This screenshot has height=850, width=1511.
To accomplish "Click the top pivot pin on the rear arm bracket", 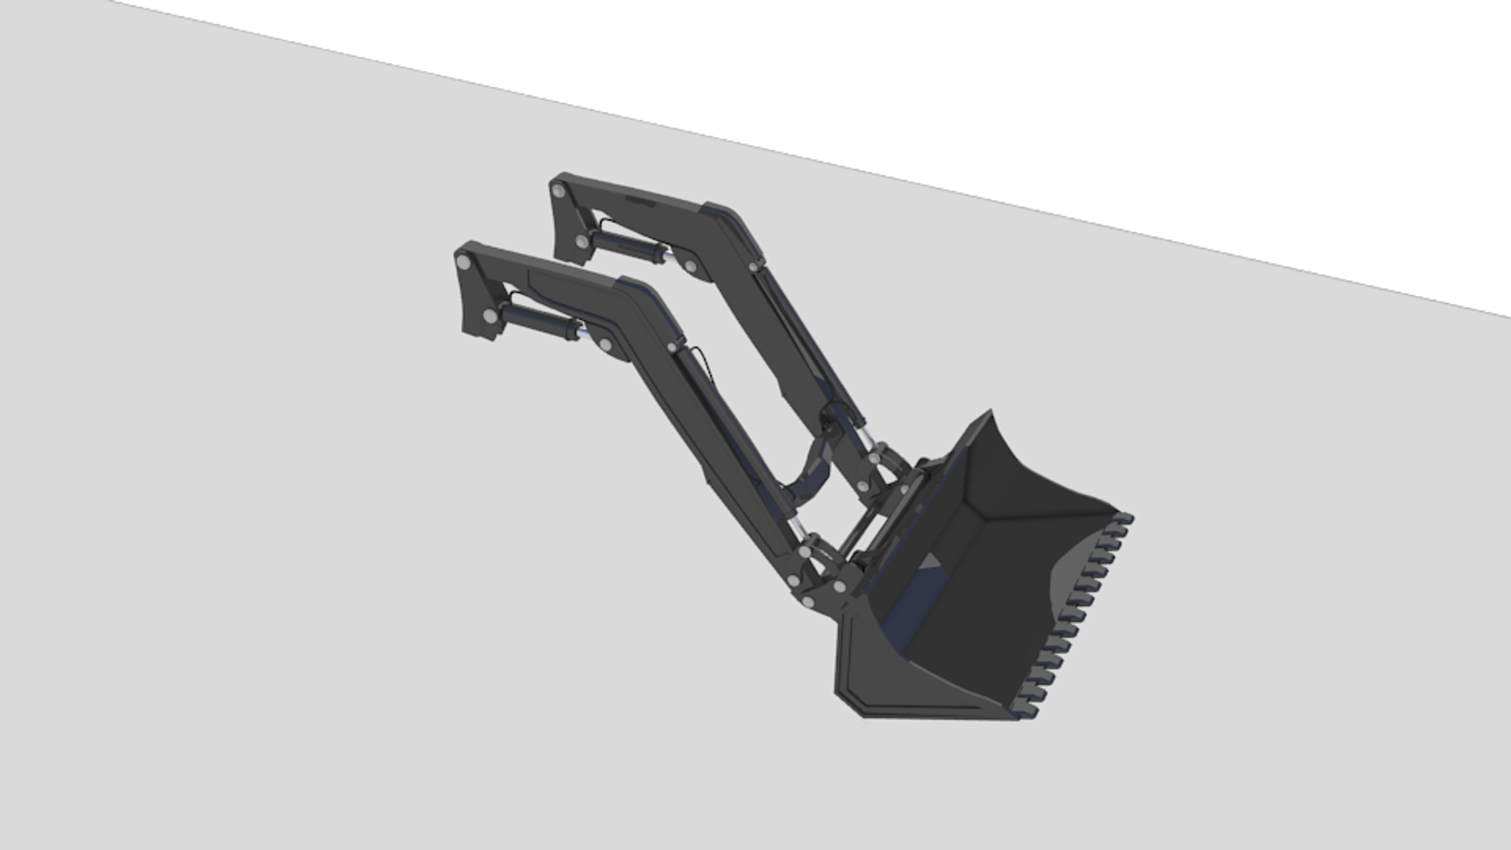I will (x=559, y=191).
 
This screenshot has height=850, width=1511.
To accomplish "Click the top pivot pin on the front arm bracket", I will (x=463, y=261).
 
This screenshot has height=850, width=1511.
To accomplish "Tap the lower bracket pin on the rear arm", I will (x=582, y=241).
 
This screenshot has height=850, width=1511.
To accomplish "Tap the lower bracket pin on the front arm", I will (x=490, y=316).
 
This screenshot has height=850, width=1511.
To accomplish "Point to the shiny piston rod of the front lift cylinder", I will (x=583, y=334).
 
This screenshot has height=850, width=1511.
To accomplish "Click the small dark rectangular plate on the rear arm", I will (x=641, y=202).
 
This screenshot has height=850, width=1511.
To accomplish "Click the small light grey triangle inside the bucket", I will (x=933, y=561).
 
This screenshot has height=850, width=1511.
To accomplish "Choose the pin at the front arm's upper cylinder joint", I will (x=605, y=344).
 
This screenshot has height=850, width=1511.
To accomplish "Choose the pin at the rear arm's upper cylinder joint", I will (x=690, y=267).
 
